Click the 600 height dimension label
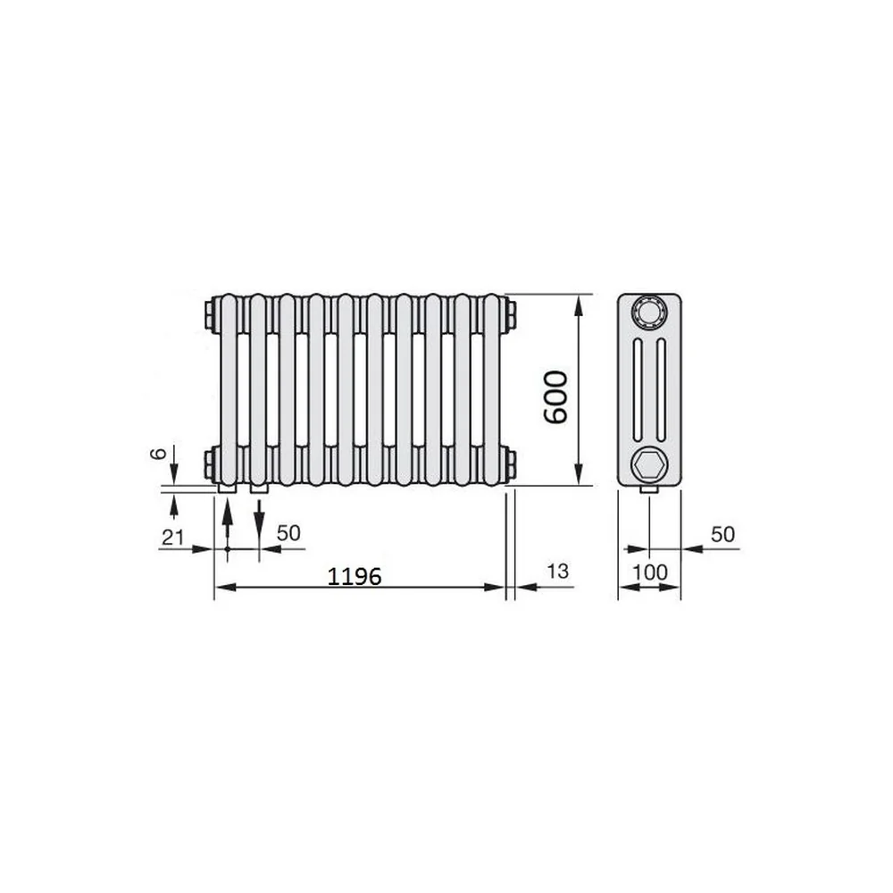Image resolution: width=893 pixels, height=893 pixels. (x=555, y=397)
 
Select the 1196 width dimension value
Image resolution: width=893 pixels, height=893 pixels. (x=355, y=577)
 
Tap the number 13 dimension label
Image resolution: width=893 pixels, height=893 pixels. (x=557, y=572)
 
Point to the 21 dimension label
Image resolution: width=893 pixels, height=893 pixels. (x=173, y=537)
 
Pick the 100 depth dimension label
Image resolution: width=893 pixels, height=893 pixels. (x=650, y=572)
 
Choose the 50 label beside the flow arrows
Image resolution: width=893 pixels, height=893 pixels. (x=288, y=533)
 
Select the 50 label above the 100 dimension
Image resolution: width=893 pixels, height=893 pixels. (x=722, y=534)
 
